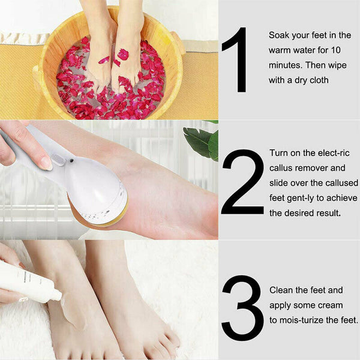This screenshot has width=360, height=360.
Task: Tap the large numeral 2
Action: (242, 182)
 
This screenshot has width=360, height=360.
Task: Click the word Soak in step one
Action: (279, 35)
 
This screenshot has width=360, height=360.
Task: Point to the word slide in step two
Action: (279, 183)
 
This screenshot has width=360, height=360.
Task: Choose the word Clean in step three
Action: (281, 290)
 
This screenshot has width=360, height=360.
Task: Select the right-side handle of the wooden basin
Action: (178, 44)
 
